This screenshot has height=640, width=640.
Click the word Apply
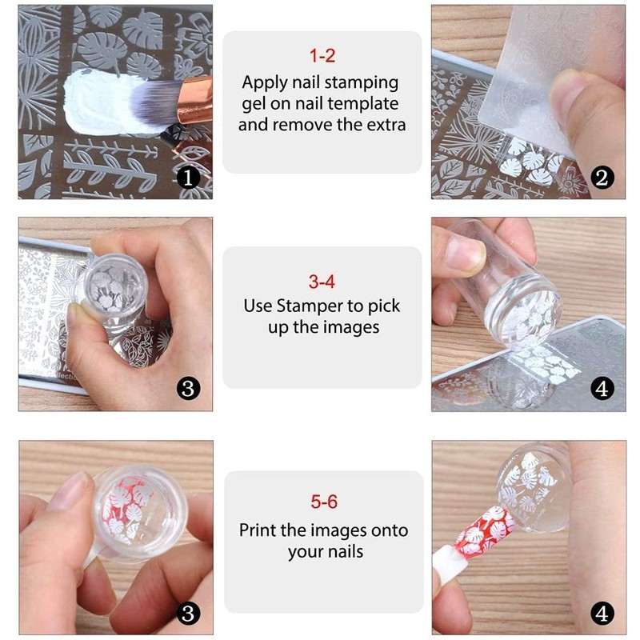pyautogui.click(x=263, y=82)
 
